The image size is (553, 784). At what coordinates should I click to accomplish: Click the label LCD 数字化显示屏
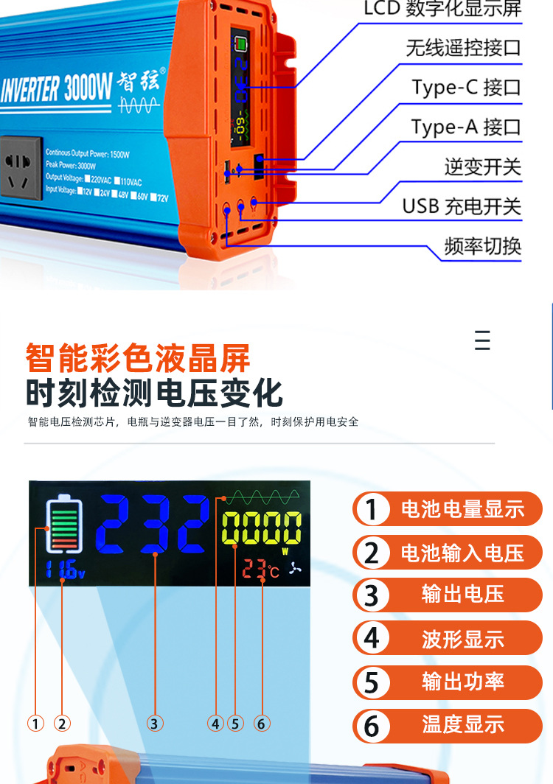coord(442,9)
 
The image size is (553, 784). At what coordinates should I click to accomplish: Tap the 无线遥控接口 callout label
coord(463,48)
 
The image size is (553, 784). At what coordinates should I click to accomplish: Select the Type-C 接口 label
coord(466,88)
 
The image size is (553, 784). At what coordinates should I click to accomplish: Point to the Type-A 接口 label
coord(466,127)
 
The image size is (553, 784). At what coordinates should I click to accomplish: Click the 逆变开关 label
coord(482,167)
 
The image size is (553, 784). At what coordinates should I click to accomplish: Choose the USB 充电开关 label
coord(462,206)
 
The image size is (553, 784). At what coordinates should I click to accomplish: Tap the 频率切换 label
coord(482,246)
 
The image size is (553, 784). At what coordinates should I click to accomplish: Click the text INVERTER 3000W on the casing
coord(56,89)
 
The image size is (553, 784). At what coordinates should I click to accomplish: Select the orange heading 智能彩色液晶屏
coord(138,358)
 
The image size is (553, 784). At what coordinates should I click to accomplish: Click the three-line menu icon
coord(482,341)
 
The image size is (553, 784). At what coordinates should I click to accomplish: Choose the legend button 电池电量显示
coord(447,508)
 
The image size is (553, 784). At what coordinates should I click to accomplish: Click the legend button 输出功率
coord(447,682)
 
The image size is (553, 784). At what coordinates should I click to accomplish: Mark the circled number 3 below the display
coord(153,724)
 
